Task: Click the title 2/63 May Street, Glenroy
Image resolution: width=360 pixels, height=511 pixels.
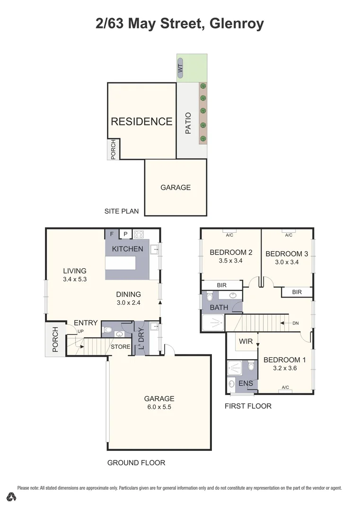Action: (180, 23)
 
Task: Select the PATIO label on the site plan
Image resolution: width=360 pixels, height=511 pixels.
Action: (188, 123)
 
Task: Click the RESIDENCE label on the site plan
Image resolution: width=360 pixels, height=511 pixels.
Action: (141, 122)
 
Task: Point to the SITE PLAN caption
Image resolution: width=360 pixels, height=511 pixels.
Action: (122, 211)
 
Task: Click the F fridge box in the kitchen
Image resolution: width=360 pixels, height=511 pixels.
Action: (112, 234)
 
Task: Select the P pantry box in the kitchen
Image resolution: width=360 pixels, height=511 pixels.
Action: (126, 234)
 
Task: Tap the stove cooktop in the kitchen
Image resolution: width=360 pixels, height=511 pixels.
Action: (139, 234)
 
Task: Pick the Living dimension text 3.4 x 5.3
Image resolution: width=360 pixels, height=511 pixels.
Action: (75, 279)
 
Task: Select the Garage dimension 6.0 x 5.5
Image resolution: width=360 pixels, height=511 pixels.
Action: (159, 407)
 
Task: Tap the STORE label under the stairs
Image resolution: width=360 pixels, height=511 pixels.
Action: (120, 347)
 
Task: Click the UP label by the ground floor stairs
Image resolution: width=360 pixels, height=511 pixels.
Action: (80, 331)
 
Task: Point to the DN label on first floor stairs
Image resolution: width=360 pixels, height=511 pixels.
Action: (296, 323)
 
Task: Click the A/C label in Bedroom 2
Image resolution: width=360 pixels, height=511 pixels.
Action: (229, 235)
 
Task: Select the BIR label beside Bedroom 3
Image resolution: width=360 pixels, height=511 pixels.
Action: (297, 292)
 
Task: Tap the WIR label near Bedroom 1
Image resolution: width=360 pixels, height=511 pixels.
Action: (246, 341)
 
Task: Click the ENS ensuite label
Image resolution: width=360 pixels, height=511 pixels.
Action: (245, 383)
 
